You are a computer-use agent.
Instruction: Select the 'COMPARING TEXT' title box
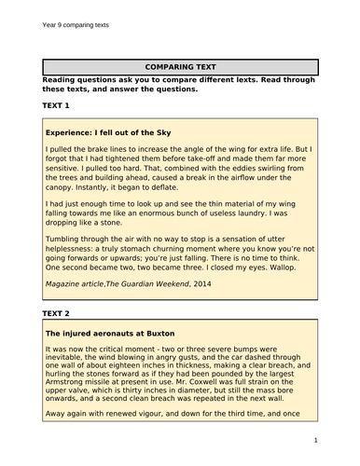[x=180, y=67]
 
